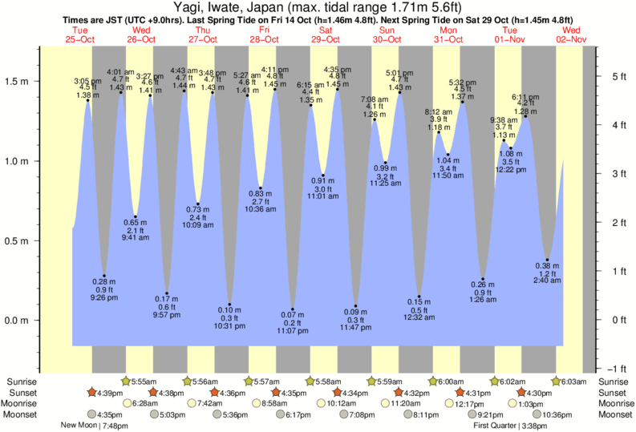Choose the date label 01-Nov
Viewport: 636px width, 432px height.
(510, 39)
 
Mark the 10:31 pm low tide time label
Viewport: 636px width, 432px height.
(229, 325)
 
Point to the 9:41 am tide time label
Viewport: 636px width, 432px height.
(136, 238)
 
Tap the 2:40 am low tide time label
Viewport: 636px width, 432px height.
(547, 281)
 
